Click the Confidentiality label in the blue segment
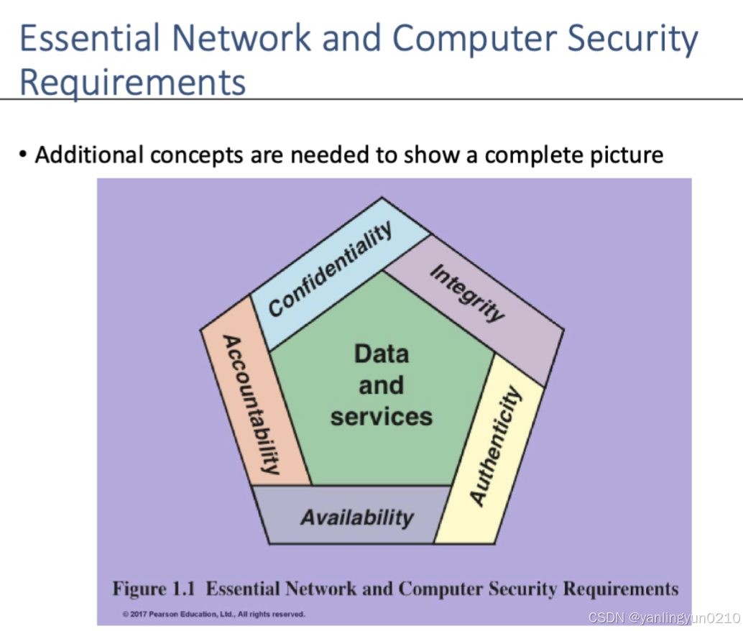tap(331, 269)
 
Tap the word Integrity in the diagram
tap(467, 293)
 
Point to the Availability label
tap(356, 517)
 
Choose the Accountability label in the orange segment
tap(250, 404)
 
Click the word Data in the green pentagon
tap(381, 354)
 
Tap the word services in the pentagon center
tap(381, 417)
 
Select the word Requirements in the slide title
tap(132, 81)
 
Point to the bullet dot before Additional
tap(24, 155)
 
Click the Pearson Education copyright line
tap(213, 614)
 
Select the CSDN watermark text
tap(663, 617)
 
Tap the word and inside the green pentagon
tap(381, 385)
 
